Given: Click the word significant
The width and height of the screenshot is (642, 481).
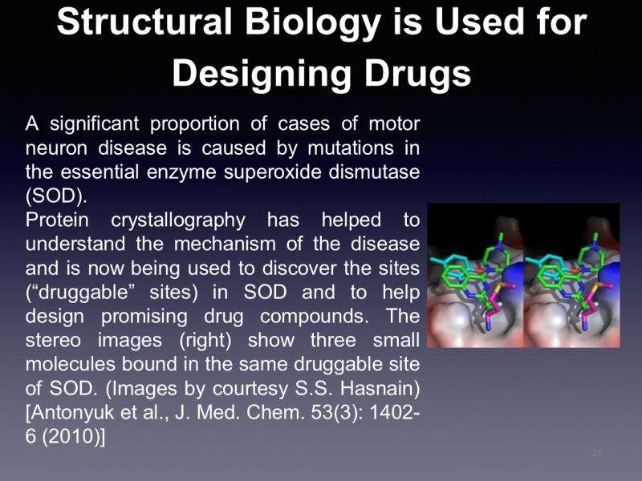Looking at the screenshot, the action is [95, 124].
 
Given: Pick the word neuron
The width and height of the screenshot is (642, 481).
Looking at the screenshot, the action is [56, 148].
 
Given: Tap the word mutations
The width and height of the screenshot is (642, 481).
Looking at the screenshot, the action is [351, 148].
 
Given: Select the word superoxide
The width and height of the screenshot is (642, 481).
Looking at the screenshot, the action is [270, 172].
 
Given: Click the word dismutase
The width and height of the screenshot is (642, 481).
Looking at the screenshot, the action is [374, 172].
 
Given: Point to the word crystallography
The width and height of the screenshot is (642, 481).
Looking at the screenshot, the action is [178, 220].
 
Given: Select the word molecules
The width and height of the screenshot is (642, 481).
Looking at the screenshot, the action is [71, 364].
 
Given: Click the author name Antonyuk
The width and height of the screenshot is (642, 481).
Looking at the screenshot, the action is [70, 413].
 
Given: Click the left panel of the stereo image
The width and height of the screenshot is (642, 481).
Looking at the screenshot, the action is [475, 275].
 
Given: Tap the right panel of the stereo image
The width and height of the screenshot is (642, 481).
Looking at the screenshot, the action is [572, 275].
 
